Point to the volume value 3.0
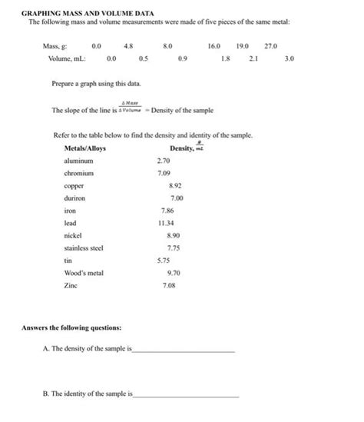tap(289, 58)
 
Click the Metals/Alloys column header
tap(85, 148)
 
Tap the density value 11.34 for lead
tap(166, 223)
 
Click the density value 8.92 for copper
tap(174, 185)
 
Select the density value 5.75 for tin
tap(163, 261)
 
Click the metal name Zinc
tap(71, 285)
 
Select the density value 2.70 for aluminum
tap(163, 161)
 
